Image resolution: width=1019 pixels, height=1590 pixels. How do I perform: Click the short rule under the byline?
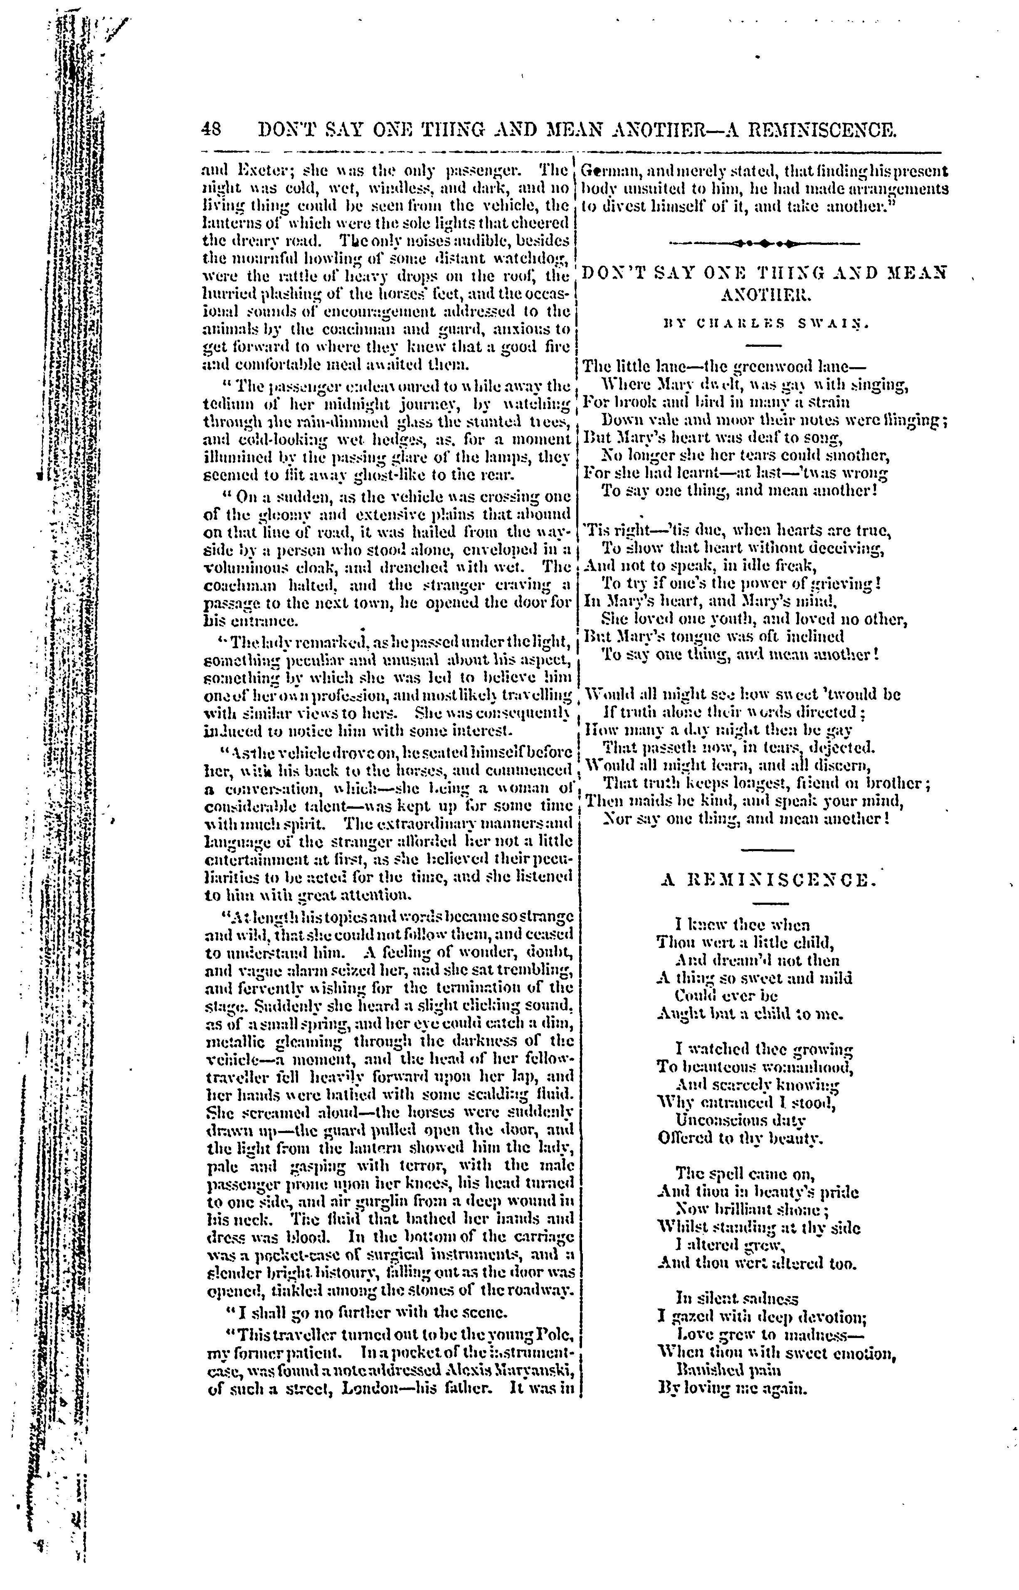point(764,344)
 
